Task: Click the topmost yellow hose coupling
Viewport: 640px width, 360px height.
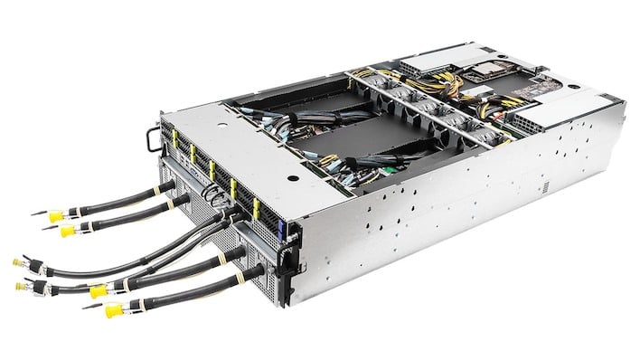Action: pyautogui.click(x=56, y=216)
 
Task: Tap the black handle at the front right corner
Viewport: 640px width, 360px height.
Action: pyautogui.click(x=287, y=262)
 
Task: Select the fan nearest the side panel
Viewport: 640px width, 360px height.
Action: pyautogui.click(x=476, y=137)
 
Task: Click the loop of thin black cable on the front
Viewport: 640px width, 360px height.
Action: pyautogui.click(x=213, y=194)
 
